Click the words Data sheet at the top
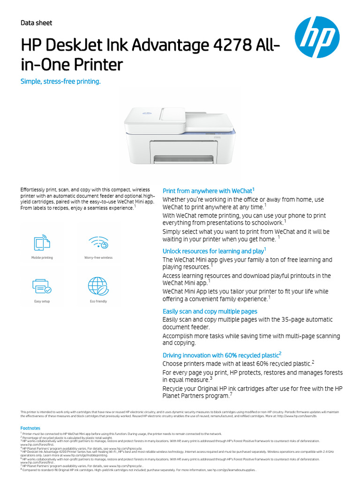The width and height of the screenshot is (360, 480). tap(37, 23)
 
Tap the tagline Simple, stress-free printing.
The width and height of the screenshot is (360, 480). tap(60, 82)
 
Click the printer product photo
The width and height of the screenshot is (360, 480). tap(180, 136)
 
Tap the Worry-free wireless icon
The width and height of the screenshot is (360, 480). tap(98, 243)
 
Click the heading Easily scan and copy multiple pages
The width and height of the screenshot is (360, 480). tap(210, 311)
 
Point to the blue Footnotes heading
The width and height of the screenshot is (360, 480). tap(30, 428)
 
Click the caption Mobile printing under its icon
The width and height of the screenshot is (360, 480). tap(42, 258)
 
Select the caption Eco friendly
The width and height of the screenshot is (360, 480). tap(98, 301)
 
